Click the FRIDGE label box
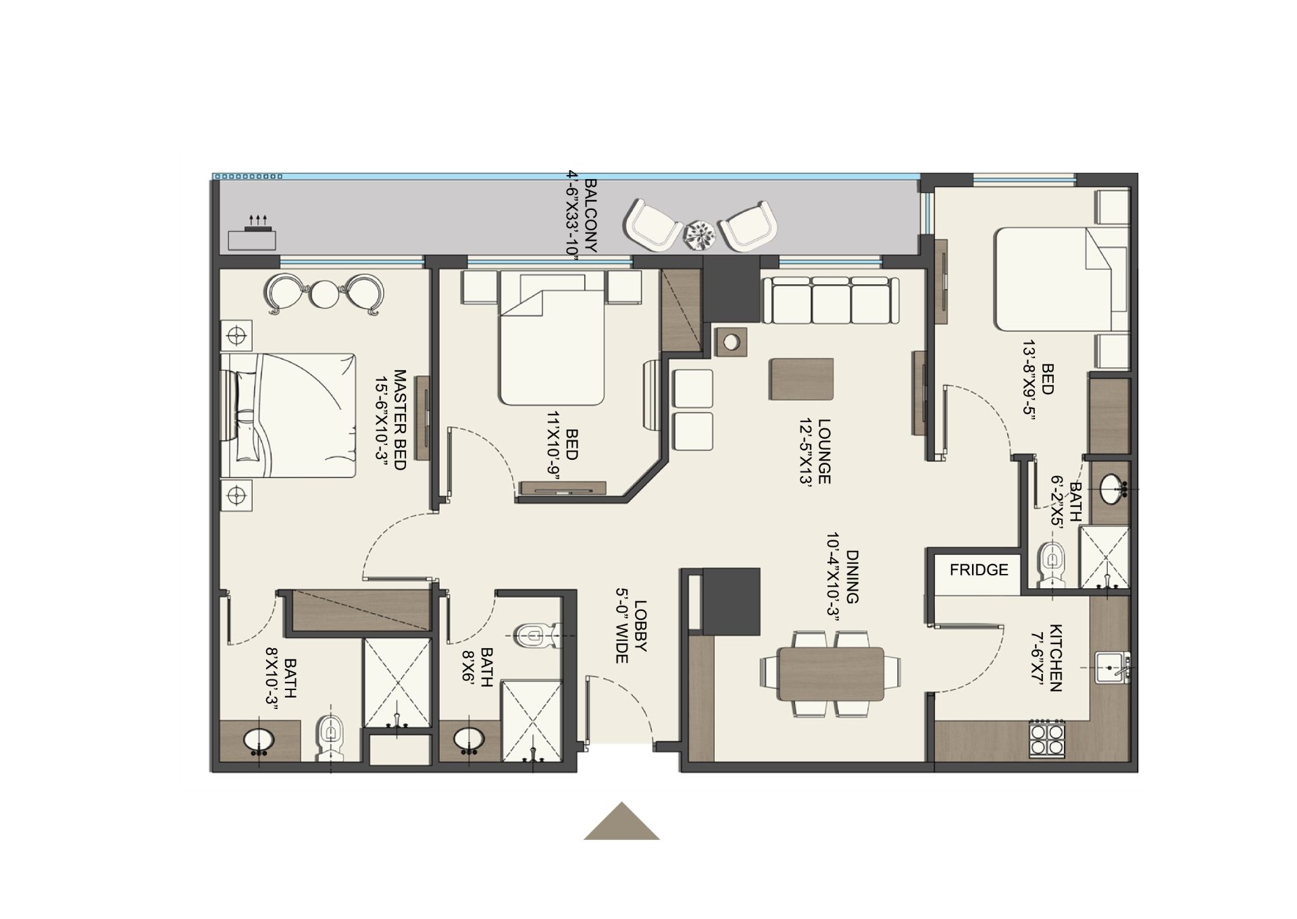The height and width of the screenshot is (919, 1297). click(978, 570)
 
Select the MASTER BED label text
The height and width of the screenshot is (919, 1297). click(399, 419)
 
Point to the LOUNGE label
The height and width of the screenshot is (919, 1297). click(823, 452)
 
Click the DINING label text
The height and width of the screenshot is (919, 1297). click(853, 577)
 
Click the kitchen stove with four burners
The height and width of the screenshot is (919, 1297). click(1046, 739)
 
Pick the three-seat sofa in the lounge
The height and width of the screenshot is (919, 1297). click(831, 300)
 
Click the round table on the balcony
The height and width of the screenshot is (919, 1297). click(700, 234)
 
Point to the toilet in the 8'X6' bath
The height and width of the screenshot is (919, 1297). click(536, 634)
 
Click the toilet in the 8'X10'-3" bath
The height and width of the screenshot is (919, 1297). click(330, 735)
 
